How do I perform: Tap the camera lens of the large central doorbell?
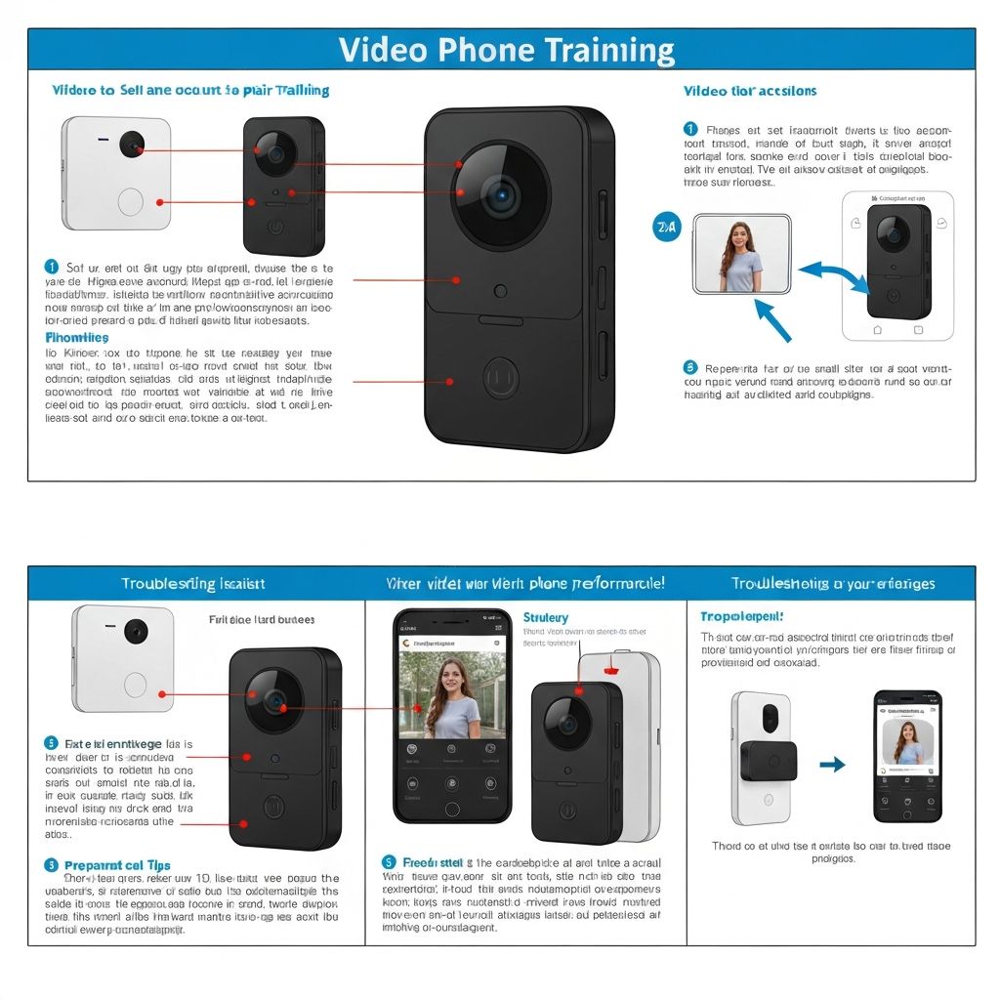point(502,196)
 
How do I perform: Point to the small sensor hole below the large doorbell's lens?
point(500,290)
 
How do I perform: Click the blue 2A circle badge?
point(665,228)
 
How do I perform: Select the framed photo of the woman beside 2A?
point(742,255)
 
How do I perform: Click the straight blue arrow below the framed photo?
point(772,319)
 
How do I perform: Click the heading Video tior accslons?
point(750,91)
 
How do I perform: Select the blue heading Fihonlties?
point(77,337)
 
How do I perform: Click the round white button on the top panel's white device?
point(130,202)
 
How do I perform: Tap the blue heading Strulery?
point(545,617)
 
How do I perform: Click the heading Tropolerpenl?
point(742,617)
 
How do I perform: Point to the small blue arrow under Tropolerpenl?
point(832,765)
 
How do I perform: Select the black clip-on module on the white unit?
point(769,761)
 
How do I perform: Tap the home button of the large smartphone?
point(451,809)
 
